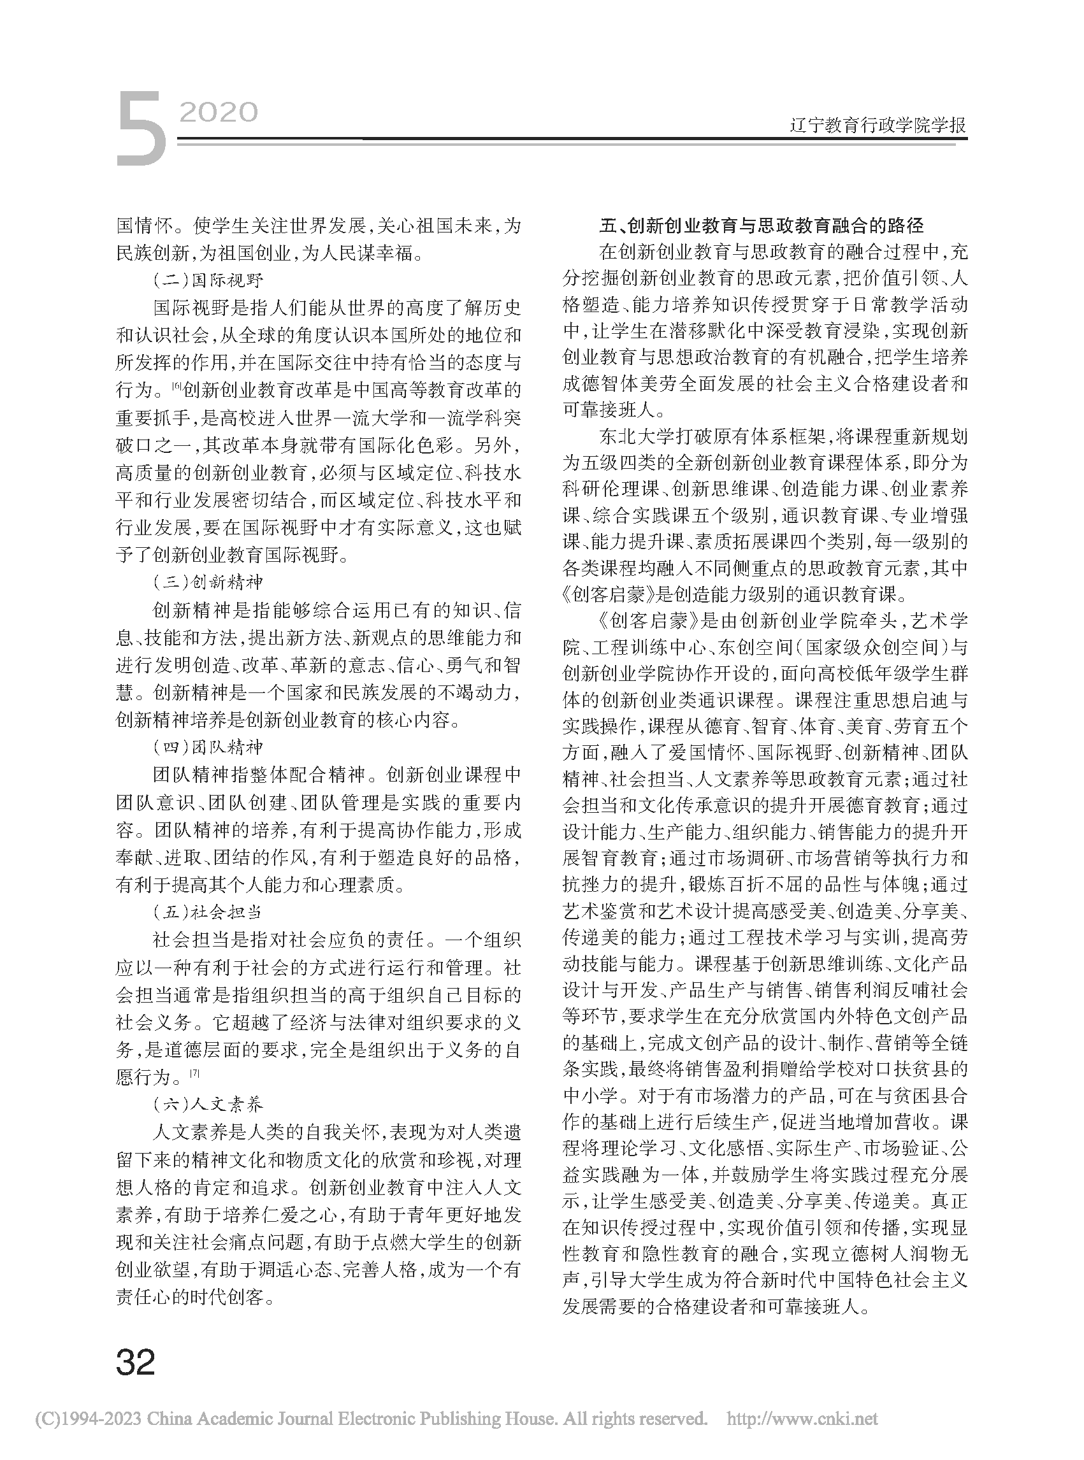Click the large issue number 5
[141, 129]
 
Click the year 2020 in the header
[219, 113]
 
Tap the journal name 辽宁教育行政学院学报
[878, 125]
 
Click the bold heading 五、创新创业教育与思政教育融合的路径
[761, 226]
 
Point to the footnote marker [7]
[195, 1074]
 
